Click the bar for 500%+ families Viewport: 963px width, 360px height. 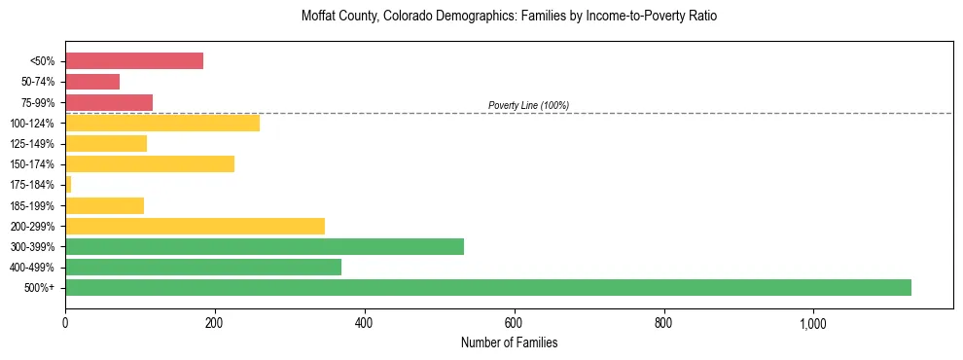coord(487,287)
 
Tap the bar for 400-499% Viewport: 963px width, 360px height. coord(203,267)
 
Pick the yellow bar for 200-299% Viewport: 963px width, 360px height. coord(195,226)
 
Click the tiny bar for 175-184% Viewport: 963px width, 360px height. coord(68,184)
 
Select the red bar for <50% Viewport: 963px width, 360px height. coord(134,61)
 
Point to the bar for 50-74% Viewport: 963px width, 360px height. coord(92,82)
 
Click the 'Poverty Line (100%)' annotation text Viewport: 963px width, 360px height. coord(528,105)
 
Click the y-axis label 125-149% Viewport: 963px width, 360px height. coord(33,144)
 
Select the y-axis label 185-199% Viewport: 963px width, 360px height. coord(33,205)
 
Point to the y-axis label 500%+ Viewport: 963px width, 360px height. coord(40,288)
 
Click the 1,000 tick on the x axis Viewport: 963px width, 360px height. coord(813,323)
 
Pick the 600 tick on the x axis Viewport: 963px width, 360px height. coord(515,323)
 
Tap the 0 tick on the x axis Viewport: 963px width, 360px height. coord(65,323)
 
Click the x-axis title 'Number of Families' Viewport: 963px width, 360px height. coord(509,342)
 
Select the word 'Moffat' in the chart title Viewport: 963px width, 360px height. coord(321,17)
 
